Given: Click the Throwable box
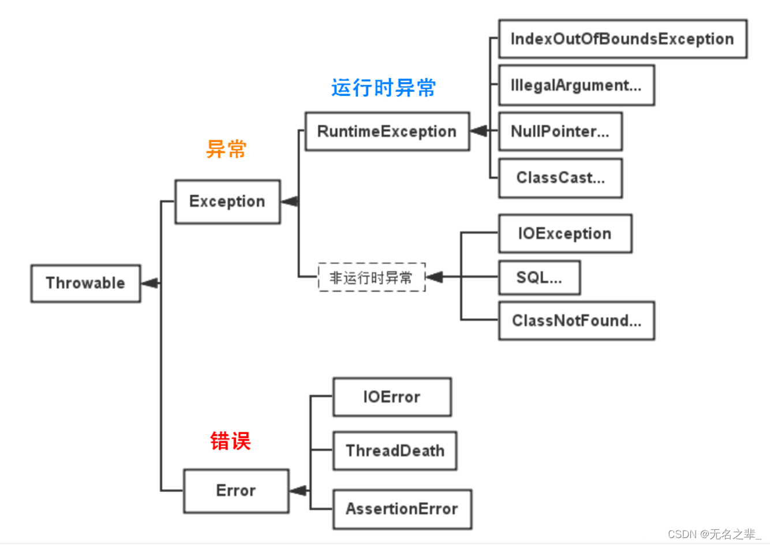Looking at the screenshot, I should (85, 283).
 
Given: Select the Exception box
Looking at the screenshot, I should (227, 201).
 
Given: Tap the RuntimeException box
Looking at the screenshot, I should (387, 132).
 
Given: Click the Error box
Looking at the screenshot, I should (236, 491).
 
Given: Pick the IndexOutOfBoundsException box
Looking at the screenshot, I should (622, 39).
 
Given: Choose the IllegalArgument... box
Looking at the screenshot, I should (576, 85).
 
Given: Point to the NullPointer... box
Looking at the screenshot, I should (560, 132).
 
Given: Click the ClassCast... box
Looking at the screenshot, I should (560, 178).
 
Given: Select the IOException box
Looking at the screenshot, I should (565, 234).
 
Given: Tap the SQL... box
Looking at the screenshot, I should (539, 278).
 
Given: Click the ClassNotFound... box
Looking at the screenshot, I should (576, 320).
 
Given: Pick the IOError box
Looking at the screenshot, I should (392, 397).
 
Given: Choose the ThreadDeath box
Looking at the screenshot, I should (395, 451).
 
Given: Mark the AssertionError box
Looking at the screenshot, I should (402, 509).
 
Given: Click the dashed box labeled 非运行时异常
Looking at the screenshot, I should (371, 278).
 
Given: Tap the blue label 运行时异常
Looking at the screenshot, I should (383, 88).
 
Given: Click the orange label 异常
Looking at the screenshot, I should (226, 149).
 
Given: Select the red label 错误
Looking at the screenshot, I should (230, 441).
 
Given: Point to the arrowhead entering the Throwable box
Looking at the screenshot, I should (150, 283).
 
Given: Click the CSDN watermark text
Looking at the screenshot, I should (714, 534).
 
